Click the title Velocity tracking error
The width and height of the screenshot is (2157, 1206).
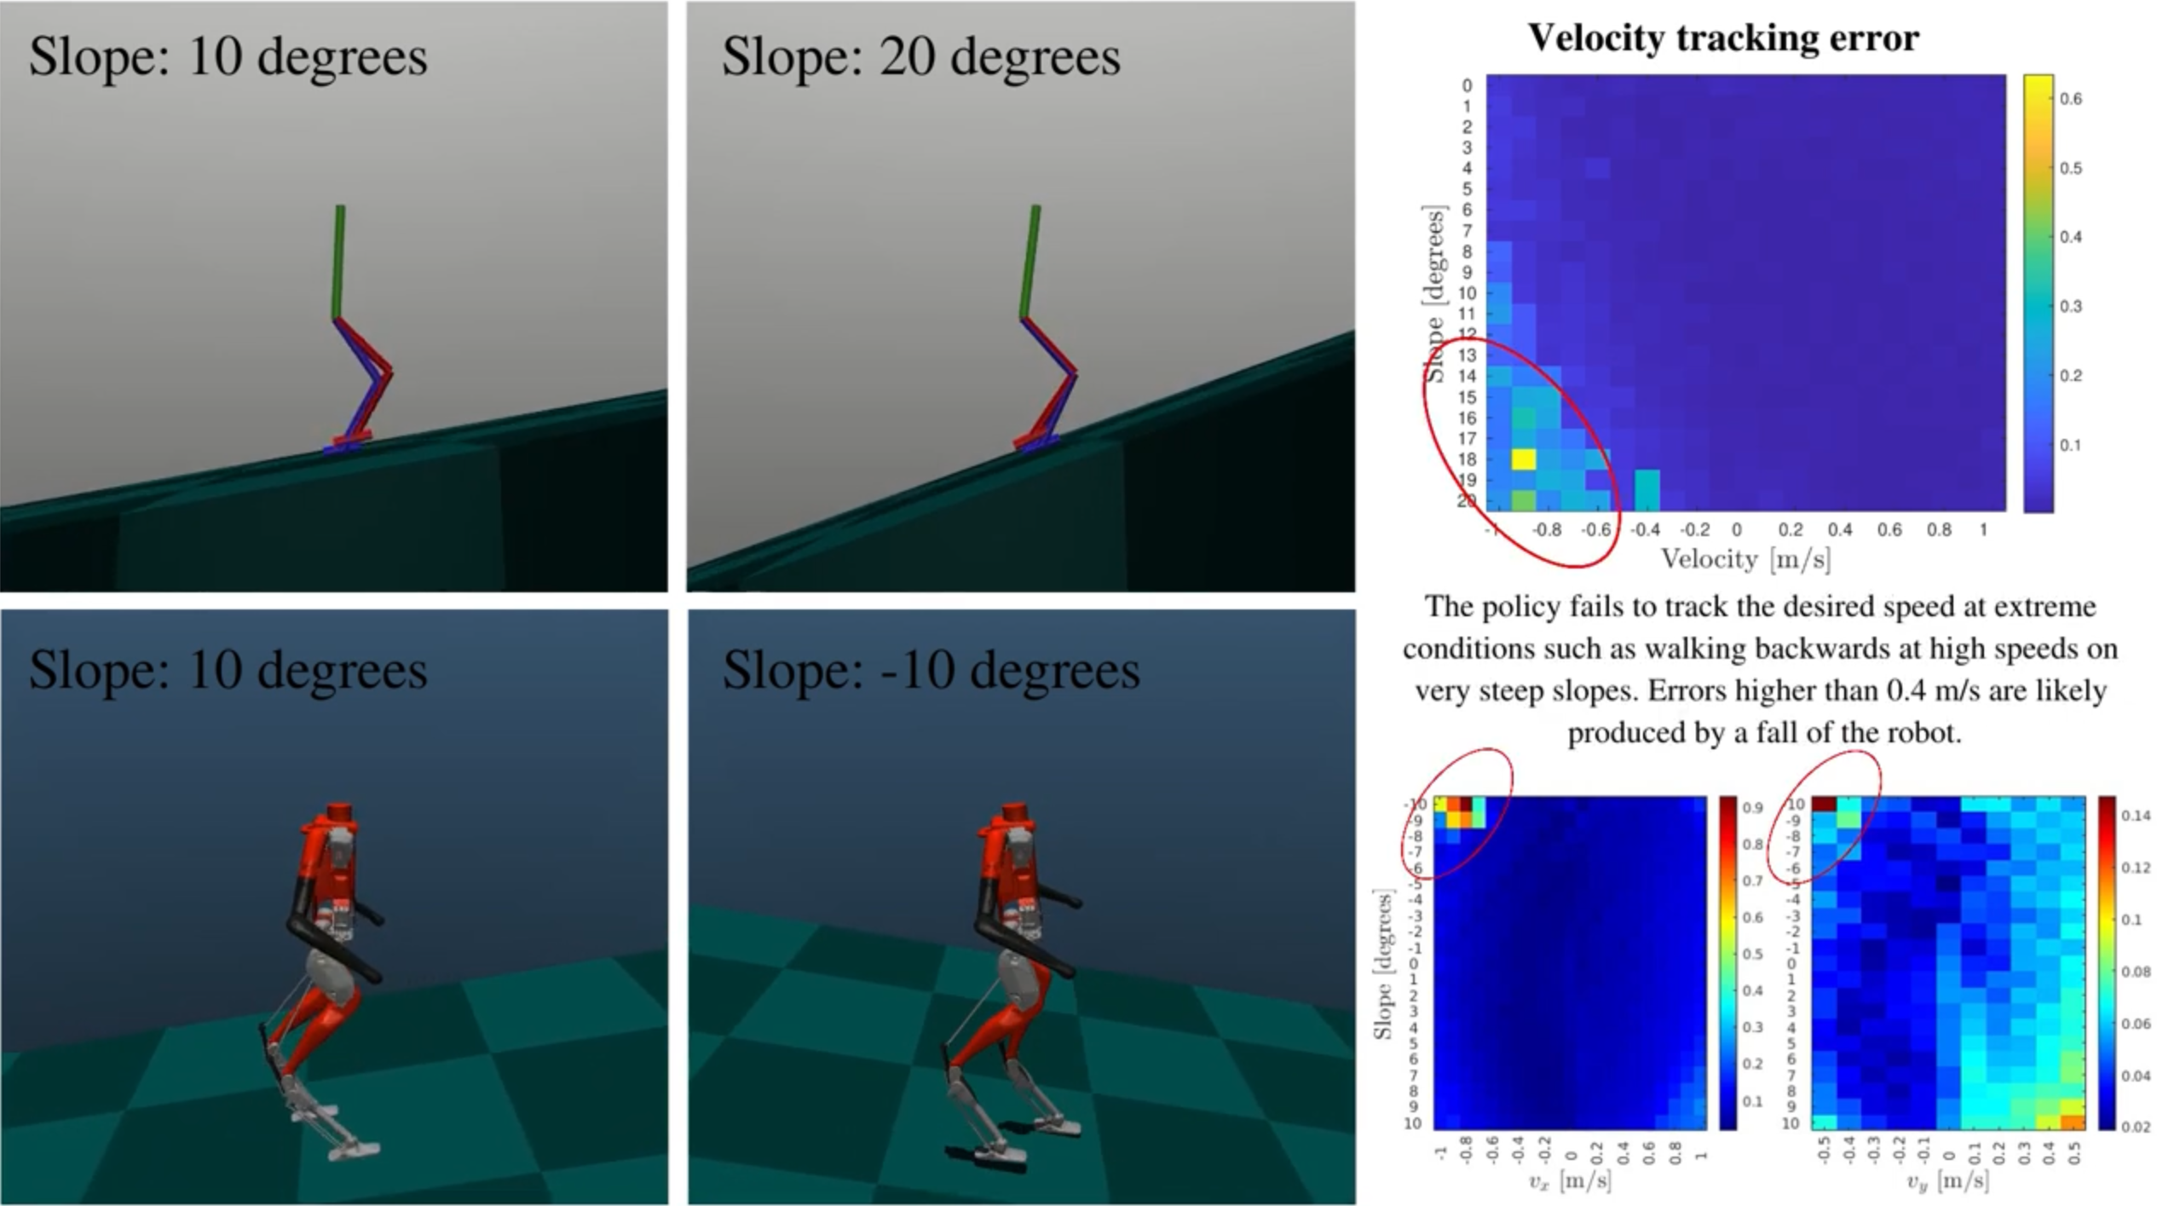pos(1722,38)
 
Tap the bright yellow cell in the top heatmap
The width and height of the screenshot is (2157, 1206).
pos(1523,459)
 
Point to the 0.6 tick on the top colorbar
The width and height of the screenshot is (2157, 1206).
pos(2071,100)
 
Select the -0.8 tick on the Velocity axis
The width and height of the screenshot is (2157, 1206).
pos(1546,530)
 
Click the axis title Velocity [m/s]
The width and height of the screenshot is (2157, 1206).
pos(1745,560)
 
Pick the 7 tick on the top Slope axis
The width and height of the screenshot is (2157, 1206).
pos(1467,231)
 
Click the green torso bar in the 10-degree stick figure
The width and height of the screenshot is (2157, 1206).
pos(338,262)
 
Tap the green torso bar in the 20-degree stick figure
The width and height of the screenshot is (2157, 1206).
pos(1030,262)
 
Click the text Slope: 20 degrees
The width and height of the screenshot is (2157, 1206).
pos(920,57)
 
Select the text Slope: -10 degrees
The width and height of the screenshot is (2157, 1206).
pos(931,670)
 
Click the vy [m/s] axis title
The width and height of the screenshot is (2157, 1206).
pos(1947,1181)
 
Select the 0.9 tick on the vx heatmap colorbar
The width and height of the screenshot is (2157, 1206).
pos(1752,808)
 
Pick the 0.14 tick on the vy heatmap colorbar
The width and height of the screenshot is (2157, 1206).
pos(2136,816)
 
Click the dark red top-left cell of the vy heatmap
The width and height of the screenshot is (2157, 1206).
pos(1823,804)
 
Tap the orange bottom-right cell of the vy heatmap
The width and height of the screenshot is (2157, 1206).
pos(2073,1122)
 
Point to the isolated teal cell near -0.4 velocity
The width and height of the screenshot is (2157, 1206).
pos(1647,489)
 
